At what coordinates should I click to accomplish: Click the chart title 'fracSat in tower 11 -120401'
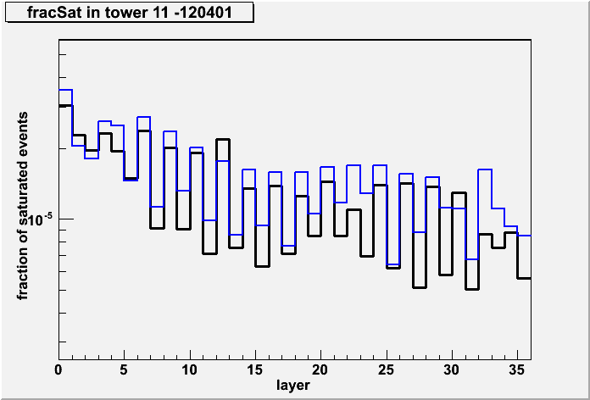[x=129, y=14]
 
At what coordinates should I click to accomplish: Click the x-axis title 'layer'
[x=293, y=385]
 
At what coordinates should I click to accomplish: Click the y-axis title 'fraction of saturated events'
[x=24, y=206]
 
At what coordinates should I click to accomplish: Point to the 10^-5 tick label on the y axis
[x=41, y=219]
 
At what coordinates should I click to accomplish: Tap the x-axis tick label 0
[x=58, y=370]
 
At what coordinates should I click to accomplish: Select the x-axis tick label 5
[x=124, y=370]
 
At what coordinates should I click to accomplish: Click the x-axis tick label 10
[x=190, y=370]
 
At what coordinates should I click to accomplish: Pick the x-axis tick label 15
[x=255, y=370]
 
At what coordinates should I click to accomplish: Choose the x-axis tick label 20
[x=320, y=370]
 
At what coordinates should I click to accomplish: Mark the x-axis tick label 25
[x=386, y=370]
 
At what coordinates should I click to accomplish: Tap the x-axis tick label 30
[x=452, y=370]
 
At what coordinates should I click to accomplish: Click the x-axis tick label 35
[x=517, y=370]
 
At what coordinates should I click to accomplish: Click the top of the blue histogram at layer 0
[x=65, y=90]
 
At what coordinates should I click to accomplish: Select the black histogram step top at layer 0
[x=65, y=106]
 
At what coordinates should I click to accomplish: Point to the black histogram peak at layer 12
[x=223, y=140]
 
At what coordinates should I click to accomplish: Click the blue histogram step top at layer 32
[x=485, y=169]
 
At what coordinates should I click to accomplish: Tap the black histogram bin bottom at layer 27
[x=419, y=287]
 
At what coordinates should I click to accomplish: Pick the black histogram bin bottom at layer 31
[x=471, y=289]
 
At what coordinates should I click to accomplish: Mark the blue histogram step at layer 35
[x=524, y=236]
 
